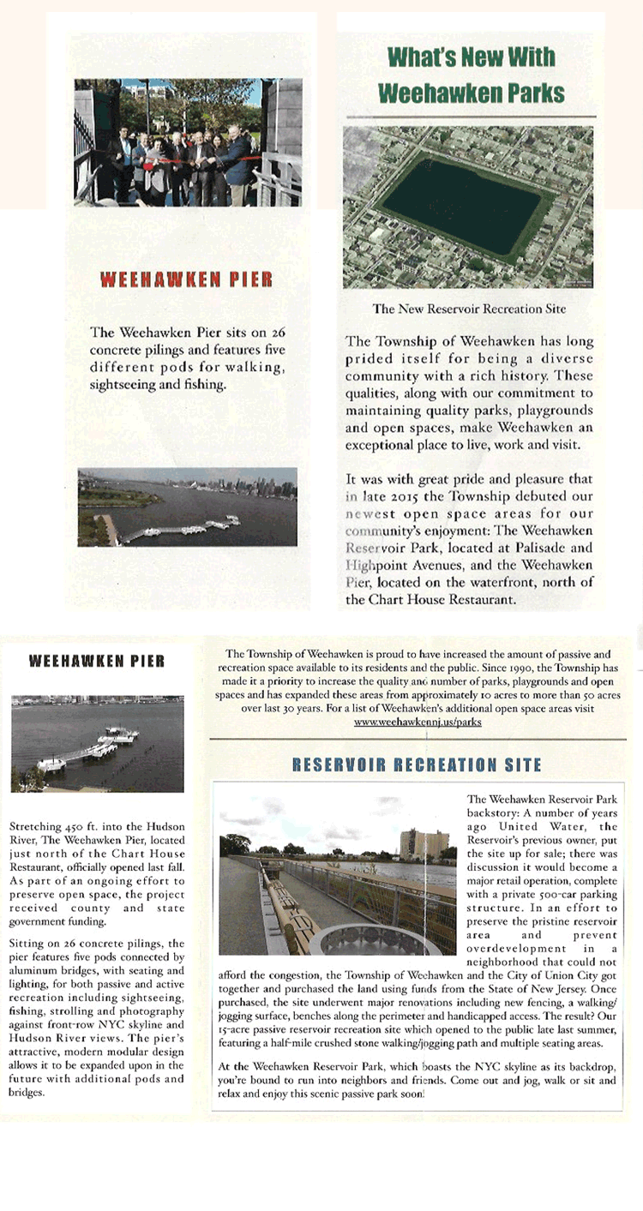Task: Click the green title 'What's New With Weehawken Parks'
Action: [x=471, y=75]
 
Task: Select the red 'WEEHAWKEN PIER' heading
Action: [x=187, y=279]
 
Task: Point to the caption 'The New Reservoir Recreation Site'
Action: [x=469, y=309]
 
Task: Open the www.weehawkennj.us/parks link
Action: [x=418, y=722]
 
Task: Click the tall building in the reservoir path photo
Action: [x=424, y=843]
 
